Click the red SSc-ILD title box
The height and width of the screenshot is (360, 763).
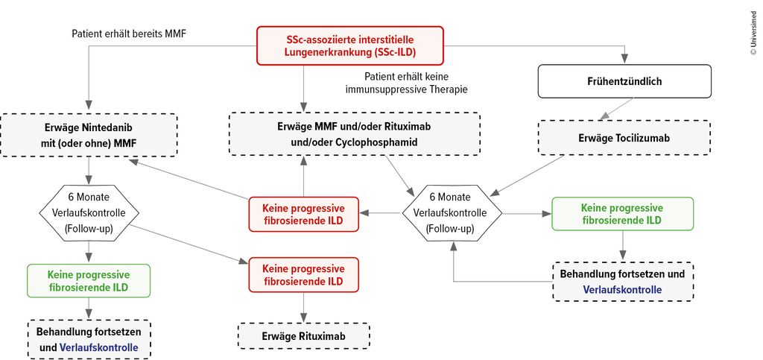click(x=349, y=45)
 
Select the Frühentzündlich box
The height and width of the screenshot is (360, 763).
click(x=624, y=80)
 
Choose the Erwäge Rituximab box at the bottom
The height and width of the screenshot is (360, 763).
click(x=303, y=335)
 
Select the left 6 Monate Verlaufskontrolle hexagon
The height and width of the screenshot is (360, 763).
click(x=89, y=213)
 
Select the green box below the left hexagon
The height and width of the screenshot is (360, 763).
click(x=89, y=281)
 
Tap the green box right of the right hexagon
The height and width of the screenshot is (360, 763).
click(x=622, y=213)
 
